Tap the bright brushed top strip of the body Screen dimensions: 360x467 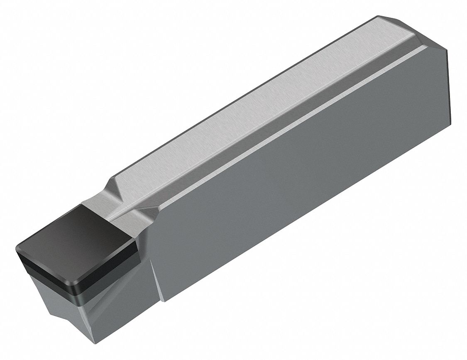tap(257, 104)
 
